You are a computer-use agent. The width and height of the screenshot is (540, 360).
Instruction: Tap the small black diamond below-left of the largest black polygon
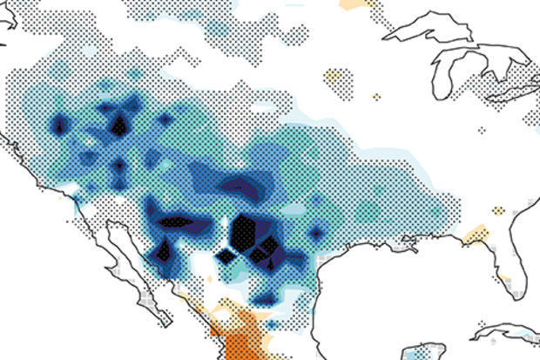[226, 255]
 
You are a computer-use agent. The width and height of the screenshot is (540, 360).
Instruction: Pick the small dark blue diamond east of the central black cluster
[315, 232]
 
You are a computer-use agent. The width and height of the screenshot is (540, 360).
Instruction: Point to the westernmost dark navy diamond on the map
[59, 126]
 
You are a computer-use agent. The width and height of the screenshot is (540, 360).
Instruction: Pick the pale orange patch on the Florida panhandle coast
[476, 234]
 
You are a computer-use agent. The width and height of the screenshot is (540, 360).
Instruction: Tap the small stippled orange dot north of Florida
[498, 210]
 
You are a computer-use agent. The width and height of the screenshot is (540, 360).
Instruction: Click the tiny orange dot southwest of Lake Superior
[377, 96]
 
